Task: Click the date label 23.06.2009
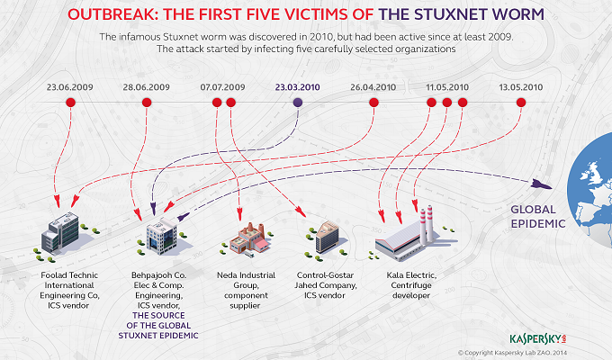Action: pos(70,87)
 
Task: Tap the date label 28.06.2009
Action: pos(146,87)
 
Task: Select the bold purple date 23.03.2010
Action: pos(298,87)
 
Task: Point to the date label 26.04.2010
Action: pos(373,87)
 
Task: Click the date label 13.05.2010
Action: pos(520,87)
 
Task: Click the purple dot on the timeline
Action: pos(298,103)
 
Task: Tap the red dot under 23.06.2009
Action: pos(70,103)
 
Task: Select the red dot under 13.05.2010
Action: pos(520,103)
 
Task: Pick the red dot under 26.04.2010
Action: pos(373,103)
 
